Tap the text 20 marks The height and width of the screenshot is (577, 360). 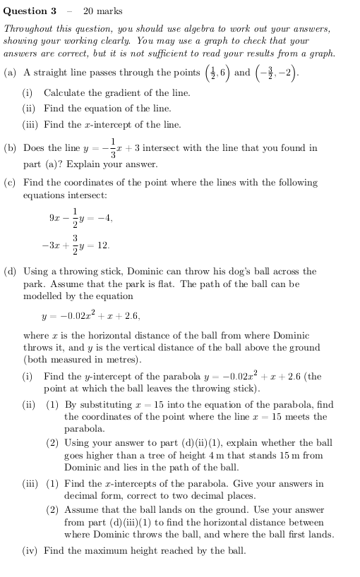(x=102, y=11)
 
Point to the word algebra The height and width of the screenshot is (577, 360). (x=205, y=29)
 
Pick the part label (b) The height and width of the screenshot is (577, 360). (x=10, y=149)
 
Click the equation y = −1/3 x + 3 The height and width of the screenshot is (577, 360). (x=111, y=149)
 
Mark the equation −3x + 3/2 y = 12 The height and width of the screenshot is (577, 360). (x=75, y=246)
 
